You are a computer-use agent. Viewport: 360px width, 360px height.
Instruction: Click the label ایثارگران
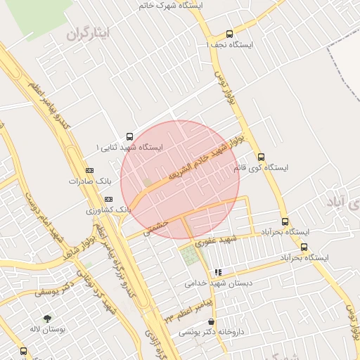89,34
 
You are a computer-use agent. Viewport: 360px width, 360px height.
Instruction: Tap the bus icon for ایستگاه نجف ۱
229,34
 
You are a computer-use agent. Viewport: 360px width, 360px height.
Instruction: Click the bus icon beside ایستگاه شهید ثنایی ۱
129,136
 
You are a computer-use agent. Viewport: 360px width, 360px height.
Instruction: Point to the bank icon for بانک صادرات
89,170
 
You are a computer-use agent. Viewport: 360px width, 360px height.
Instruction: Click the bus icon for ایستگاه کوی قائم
262,157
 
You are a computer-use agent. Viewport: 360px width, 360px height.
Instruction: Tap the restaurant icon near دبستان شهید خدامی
218,272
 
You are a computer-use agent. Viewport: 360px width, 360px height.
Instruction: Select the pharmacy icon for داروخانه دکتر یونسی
210,321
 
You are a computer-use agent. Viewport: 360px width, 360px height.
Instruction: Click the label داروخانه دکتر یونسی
211,332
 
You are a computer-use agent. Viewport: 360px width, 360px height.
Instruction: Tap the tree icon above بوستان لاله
47,318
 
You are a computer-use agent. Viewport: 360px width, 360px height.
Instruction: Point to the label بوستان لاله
46,329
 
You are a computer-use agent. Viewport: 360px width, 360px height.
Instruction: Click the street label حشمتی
155,226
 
